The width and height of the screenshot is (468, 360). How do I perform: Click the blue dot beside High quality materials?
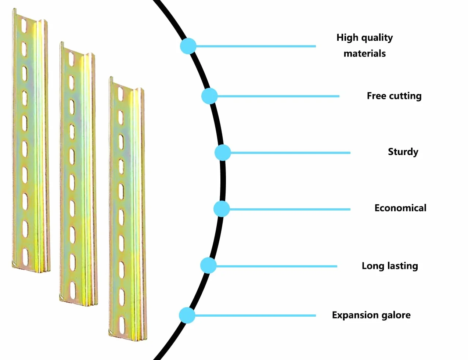(x=188, y=46)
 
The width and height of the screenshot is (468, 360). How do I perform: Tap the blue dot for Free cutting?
(x=209, y=96)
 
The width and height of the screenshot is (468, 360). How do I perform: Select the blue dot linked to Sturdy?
(x=223, y=152)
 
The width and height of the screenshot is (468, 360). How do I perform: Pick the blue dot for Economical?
(x=222, y=209)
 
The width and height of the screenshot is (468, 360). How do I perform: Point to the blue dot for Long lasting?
(x=208, y=265)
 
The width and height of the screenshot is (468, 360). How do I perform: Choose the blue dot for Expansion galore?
(x=187, y=315)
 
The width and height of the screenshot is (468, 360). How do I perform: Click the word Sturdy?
(x=403, y=152)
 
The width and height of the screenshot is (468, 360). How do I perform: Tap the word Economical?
(x=400, y=208)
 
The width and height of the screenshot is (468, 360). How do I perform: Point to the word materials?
(x=365, y=54)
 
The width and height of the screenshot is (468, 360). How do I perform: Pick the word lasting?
(x=402, y=266)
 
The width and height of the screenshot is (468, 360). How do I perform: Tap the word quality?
(x=377, y=38)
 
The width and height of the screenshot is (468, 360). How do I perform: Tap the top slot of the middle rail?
(x=72, y=58)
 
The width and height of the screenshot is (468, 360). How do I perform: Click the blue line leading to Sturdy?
(x=291, y=153)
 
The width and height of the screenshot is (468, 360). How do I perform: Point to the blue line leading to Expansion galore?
(x=255, y=316)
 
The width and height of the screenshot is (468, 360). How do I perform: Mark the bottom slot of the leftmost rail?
(x=25, y=257)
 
